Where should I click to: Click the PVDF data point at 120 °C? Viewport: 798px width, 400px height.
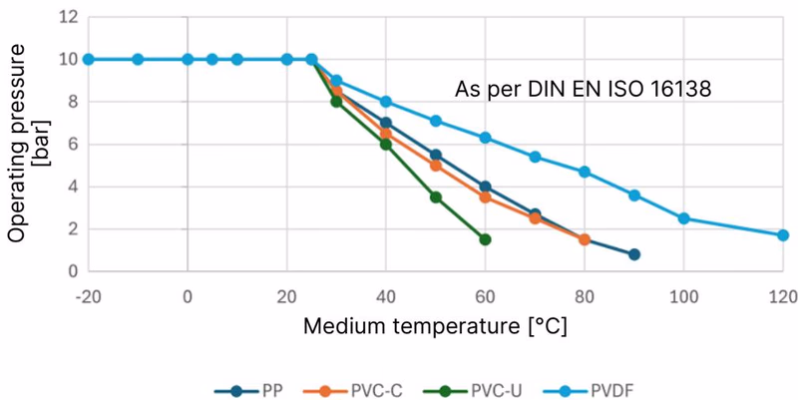[x=783, y=235]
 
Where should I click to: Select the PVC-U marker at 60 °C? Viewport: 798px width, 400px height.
[x=485, y=239]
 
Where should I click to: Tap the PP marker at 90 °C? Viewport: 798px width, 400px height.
[x=634, y=254]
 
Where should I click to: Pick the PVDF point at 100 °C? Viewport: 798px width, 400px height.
[x=683, y=218]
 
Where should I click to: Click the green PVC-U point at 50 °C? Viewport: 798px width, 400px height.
[x=436, y=197]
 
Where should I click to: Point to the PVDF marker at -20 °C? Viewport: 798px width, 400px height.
[x=88, y=59]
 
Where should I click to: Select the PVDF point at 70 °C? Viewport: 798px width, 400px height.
[x=535, y=157]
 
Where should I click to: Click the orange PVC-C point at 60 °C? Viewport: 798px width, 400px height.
[x=485, y=197]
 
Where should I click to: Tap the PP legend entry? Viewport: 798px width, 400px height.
[x=248, y=391]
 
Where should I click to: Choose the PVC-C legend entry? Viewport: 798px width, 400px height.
[x=353, y=391]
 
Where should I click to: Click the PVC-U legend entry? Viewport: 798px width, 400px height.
[x=473, y=391]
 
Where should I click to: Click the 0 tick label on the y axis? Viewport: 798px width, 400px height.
[x=73, y=271]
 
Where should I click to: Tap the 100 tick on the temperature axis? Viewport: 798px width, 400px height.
[x=683, y=295]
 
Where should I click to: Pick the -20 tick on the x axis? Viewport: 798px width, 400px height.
[x=88, y=295]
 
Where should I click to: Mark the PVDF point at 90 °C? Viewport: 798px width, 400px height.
[x=634, y=195]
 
